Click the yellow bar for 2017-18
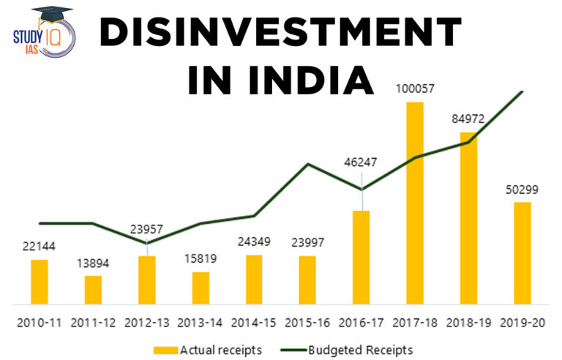pos(415,203)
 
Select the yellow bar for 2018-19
pos(468,218)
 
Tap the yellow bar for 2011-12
pos(93,290)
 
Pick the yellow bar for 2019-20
pos(522,252)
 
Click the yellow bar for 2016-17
pos(361,257)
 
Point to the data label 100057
pos(415,89)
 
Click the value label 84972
pos(468,119)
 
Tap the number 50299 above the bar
pos(522,190)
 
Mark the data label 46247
pos(361,162)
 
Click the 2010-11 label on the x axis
pos(39,322)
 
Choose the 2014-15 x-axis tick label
pos(254,322)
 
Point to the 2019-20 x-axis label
pos(522,322)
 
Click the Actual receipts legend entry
pos(208,349)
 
